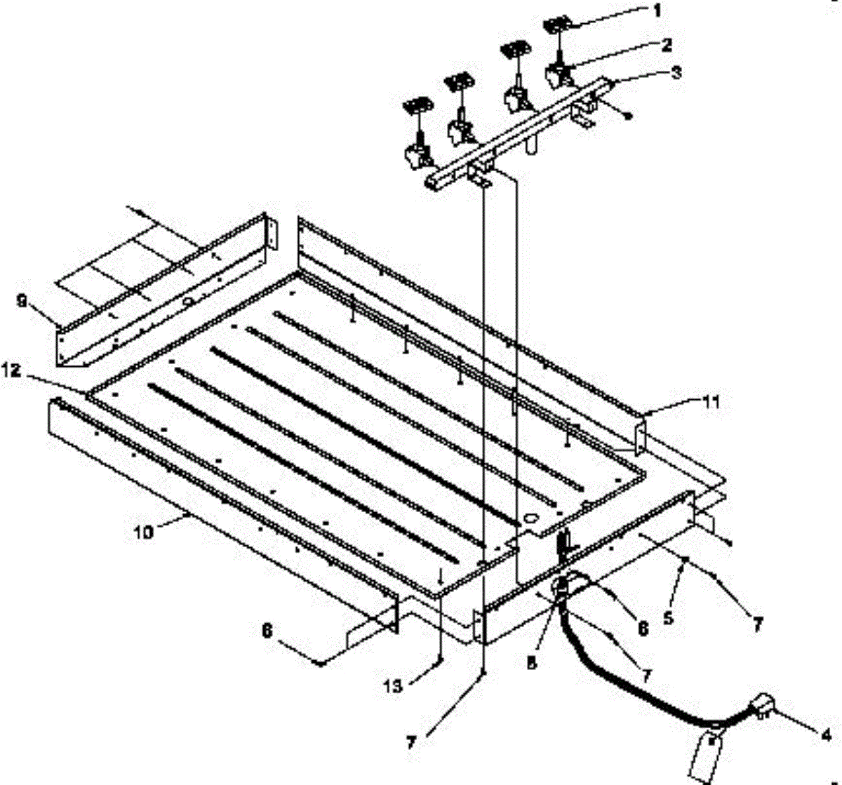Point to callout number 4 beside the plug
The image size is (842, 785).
(827, 734)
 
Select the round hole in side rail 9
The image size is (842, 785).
(188, 301)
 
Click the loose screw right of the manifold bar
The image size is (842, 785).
(629, 116)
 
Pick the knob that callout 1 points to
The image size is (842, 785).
(556, 27)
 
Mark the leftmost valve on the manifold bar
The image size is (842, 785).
(416, 154)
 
